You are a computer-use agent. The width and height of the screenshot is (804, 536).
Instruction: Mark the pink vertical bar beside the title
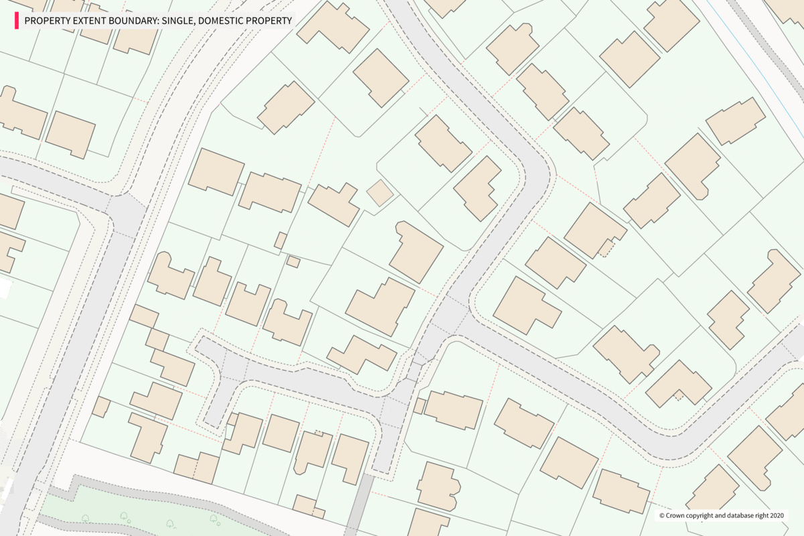tap(16, 21)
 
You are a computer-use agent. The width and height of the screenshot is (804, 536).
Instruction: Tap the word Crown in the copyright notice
tap(675, 516)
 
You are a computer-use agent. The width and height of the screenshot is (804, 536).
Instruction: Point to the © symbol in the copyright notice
tap(661, 516)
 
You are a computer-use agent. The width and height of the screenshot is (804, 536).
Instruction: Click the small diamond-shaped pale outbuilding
tap(380, 193)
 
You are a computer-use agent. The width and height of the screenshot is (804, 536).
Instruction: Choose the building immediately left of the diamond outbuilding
tap(334, 203)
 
